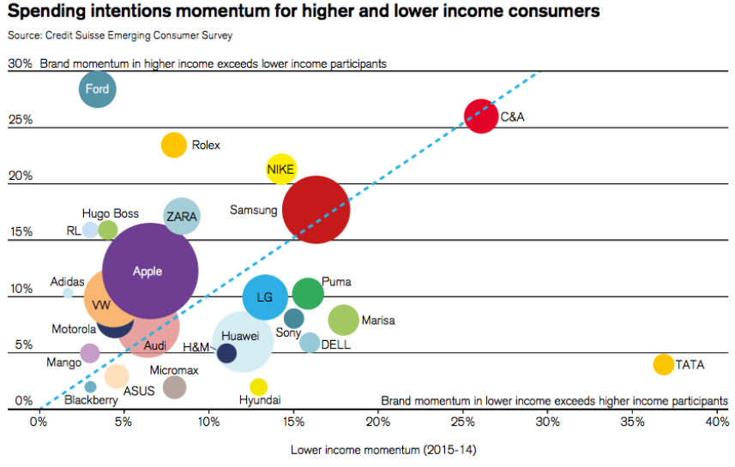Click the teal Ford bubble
click(98, 89)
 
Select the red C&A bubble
click(481, 116)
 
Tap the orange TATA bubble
click(663, 364)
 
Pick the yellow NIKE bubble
click(280, 170)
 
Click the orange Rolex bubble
click(174, 145)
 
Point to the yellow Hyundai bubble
click(259, 386)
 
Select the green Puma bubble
click(308, 294)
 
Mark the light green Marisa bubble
click(343, 320)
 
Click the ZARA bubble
click(182, 217)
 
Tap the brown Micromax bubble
click(174, 386)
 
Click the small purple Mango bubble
click(90, 353)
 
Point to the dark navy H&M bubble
click(226, 353)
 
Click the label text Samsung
click(253, 210)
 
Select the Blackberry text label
click(91, 400)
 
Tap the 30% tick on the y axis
click(20, 63)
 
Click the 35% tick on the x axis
click(633, 422)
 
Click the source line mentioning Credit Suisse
click(119, 35)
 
